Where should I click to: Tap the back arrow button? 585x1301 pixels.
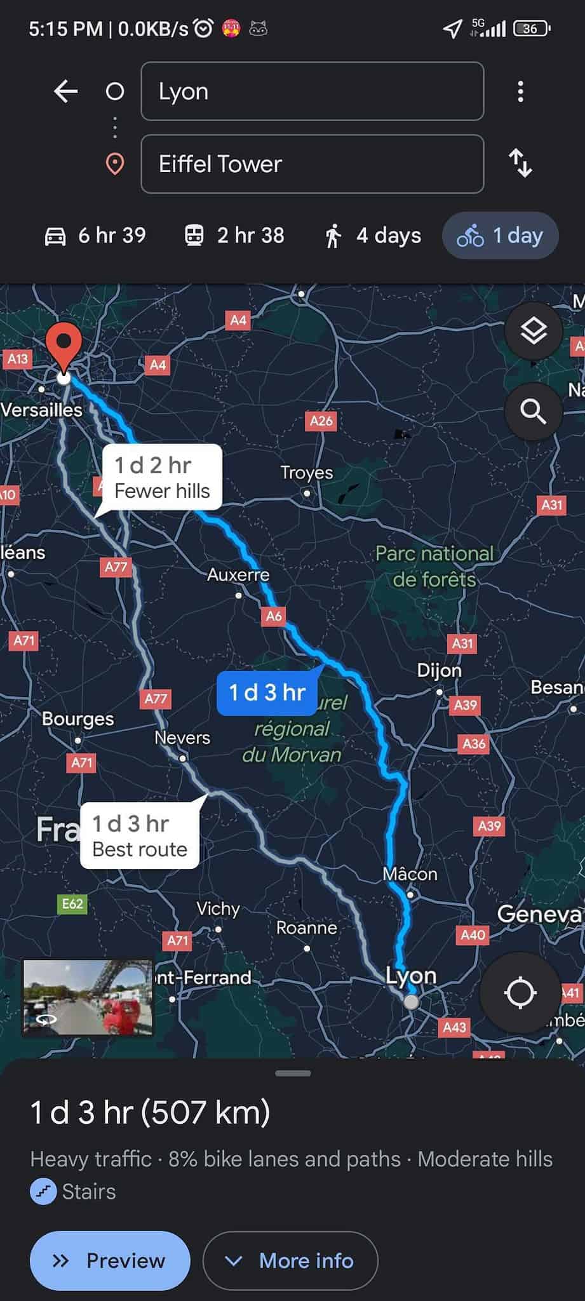tap(65, 91)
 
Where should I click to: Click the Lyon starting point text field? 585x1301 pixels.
tap(312, 91)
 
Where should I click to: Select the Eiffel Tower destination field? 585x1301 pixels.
tap(312, 164)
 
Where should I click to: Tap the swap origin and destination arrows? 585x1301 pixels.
tap(520, 163)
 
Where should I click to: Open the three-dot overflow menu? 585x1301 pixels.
tap(520, 91)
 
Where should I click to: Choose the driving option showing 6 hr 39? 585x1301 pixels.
tap(95, 236)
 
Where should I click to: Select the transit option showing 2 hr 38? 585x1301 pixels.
tap(234, 236)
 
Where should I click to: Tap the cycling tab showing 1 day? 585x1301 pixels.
tap(501, 236)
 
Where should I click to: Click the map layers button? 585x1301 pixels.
tap(534, 330)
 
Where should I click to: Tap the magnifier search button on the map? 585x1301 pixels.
tap(534, 412)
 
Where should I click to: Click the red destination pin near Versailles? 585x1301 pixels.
tap(64, 346)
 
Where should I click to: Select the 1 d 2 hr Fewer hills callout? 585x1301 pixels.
tap(162, 478)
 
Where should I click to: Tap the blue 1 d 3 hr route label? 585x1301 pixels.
tap(267, 692)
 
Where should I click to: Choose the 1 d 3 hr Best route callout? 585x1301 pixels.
tap(140, 836)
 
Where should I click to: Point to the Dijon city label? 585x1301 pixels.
tap(439, 671)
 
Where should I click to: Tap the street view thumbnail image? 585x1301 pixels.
tap(88, 998)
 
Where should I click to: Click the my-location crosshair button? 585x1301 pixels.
tap(520, 992)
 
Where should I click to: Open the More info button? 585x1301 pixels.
tap(290, 1260)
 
